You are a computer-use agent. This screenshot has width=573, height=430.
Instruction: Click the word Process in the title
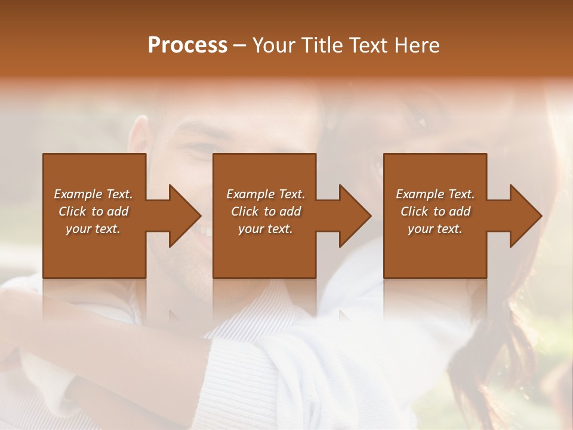(x=187, y=45)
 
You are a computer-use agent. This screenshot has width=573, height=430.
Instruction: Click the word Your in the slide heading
(x=274, y=45)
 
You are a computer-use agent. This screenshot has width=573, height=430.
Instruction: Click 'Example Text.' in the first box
(x=93, y=194)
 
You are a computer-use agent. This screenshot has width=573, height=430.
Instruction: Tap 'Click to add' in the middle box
(x=266, y=211)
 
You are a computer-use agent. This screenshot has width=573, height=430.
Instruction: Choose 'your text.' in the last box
(x=435, y=229)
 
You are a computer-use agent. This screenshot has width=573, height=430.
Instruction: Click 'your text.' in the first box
(x=93, y=229)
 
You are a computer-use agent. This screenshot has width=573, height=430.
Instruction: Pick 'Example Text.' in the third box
(x=435, y=194)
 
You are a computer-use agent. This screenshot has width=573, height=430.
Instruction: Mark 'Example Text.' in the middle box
(x=266, y=194)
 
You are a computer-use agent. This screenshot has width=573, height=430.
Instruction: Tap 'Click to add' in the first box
(x=93, y=211)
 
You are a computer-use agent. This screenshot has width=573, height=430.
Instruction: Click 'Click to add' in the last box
(x=435, y=211)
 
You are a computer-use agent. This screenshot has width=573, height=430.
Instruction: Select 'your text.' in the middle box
(x=266, y=229)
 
